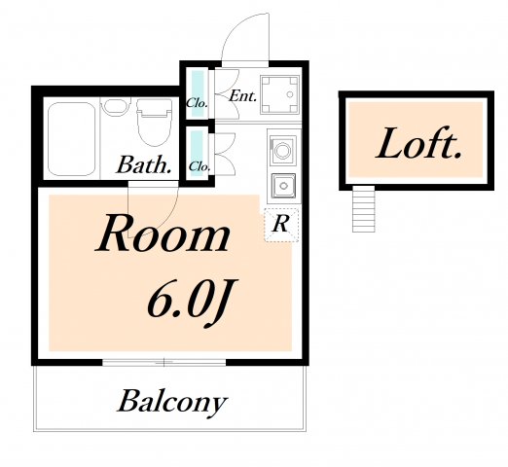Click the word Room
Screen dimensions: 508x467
(163, 234)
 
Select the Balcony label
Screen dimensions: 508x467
(172, 402)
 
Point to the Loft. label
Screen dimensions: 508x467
(418, 144)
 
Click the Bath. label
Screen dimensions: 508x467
(144, 164)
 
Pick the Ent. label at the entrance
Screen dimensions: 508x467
(243, 96)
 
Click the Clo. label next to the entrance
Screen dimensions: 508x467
(197, 103)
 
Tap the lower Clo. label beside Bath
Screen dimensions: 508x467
(200, 166)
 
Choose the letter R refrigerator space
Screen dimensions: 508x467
(281, 224)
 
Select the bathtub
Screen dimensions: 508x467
(71, 139)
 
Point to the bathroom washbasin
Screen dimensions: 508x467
(115, 106)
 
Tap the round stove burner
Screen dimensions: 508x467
(282, 151)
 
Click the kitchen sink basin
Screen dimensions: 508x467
(284, 186)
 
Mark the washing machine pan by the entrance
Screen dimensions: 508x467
(280, 94)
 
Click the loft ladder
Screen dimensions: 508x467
(363, 208)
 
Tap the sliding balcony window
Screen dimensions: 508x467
(164, 362)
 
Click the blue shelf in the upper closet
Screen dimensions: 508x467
(198, 93)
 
